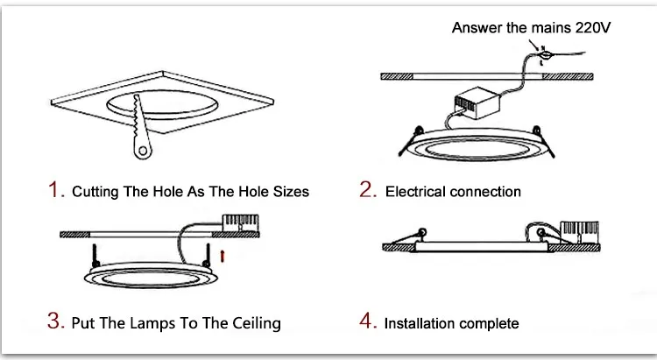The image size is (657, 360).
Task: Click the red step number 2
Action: click(367, 190)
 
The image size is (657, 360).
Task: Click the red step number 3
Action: click(55, 322)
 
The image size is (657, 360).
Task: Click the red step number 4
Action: click(367, 322)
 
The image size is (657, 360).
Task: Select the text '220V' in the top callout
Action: click(590, 28)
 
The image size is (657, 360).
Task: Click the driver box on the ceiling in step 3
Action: click(234, 224)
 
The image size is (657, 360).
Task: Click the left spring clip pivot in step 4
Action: click(423, 234)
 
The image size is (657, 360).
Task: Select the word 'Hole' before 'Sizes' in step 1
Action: click(246, 191)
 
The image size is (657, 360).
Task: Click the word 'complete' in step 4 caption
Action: click(490, 323)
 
